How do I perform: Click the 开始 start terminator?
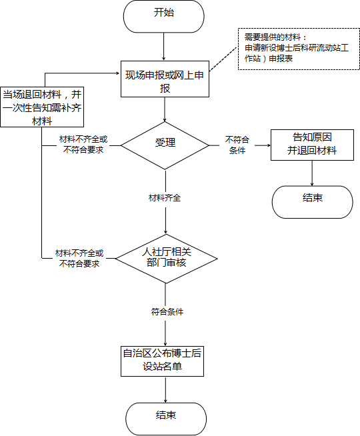coord(164,16)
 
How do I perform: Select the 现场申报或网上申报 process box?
coord(165,79)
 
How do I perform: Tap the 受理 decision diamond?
coord(165,145)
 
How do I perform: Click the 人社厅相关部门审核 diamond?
coord(166,259)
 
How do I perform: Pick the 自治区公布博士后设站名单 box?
coord(163,361)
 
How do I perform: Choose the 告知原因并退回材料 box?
coord(312,145)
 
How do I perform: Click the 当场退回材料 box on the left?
coord(42,107)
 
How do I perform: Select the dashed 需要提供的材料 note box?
coord(299,49)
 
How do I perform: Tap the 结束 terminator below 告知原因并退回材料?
coord(312,202)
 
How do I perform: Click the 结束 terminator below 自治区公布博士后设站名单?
coord(166,419)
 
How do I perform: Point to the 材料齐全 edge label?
coord(165,198)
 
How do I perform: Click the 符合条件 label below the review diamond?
coord(167,312)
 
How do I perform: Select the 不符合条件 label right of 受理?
coord(237,145)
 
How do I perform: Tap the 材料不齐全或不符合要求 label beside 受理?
coord(83,145)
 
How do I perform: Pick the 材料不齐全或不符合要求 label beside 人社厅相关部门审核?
coord(79,258)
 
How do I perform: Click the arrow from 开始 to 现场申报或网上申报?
coord(164,47)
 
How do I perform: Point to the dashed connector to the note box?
coord(223,59)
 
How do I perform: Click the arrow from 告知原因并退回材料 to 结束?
coord(312,173)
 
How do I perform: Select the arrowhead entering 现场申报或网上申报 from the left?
coord(119,73)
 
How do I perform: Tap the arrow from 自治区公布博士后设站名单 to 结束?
coord(165,389)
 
